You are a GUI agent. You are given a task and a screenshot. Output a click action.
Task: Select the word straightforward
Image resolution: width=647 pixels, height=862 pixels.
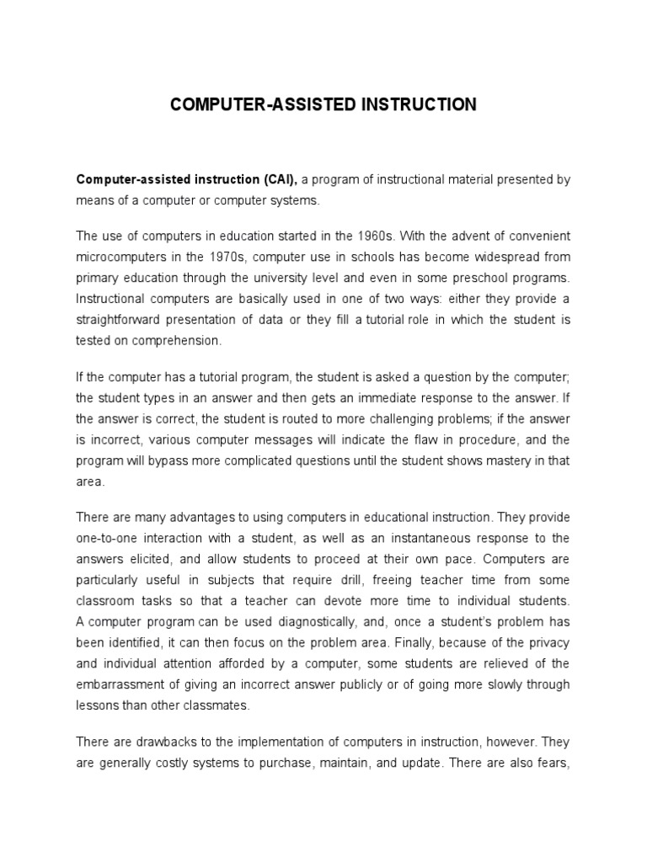pos(124,320)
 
